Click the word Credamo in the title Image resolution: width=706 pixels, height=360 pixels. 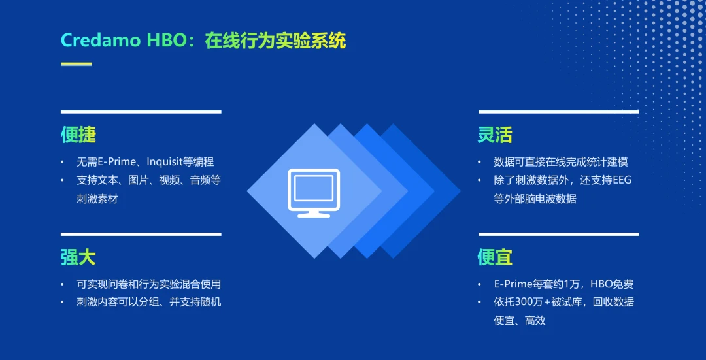coord(101,41)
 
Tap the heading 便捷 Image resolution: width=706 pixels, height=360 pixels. coord(78,135)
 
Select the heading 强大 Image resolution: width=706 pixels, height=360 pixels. coord(78,257)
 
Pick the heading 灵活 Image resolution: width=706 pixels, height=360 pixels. coord(495,135)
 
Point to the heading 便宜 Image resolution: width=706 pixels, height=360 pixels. coord(495,257)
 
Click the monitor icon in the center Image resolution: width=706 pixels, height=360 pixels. coord(314,192)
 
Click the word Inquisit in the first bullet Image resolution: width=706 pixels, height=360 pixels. coord(167,161)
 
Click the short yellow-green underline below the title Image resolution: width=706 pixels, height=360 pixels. coord(76,64)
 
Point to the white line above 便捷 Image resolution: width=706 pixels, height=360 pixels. coord(141,112)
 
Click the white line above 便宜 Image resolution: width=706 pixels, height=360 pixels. coord(558,234)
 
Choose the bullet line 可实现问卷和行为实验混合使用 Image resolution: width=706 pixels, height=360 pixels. coord(148,284)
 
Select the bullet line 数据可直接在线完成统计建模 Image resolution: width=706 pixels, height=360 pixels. coord(561,161)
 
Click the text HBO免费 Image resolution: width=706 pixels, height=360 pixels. coord(611,284)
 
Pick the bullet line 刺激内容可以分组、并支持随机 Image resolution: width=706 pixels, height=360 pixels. coord(148,302)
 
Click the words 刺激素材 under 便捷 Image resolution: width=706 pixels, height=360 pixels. coord(97,198)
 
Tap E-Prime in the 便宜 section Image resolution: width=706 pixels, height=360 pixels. coord(514,284)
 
